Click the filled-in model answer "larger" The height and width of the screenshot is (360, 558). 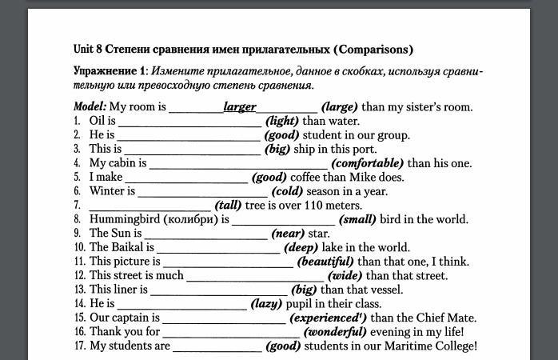[x=240, y=106]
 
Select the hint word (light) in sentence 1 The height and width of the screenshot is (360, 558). [x=282, y=121]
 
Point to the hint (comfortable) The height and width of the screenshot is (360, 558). [x=368, y=163]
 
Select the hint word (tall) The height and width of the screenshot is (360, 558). [x=228, y=206]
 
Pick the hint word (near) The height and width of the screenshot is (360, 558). [x=288, y=234]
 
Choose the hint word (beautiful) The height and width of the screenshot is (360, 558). [x=325, y=262]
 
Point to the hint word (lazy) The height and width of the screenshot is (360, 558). [x=266, y=304]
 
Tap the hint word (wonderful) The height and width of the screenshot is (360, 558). [x=335, y=332]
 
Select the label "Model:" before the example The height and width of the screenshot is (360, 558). [x=90, y=106]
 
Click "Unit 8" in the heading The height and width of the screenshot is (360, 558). [x=87, y=50]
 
